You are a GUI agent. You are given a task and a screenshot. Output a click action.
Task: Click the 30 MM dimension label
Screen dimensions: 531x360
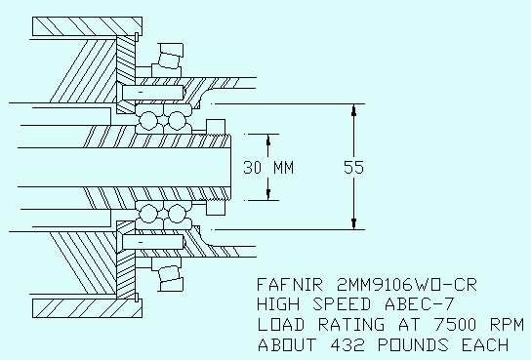click(x=268, y=168)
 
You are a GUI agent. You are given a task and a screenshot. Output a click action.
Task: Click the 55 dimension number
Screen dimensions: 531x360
click(x=353, y=167)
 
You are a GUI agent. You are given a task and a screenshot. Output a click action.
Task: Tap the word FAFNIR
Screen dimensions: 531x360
click(x=290, y=285)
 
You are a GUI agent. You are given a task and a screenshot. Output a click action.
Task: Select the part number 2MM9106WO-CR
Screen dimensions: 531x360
click(x=407, y=285)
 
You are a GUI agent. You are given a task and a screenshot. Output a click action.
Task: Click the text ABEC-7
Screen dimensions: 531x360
click(x=420, y=303)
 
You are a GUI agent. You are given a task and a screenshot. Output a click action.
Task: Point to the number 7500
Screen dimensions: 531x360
click(x=455, y=325)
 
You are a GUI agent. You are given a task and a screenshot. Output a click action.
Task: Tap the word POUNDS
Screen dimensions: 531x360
click(x=413, y=345)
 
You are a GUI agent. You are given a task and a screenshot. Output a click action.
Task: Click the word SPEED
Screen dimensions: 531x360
click(x=342, y=303)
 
